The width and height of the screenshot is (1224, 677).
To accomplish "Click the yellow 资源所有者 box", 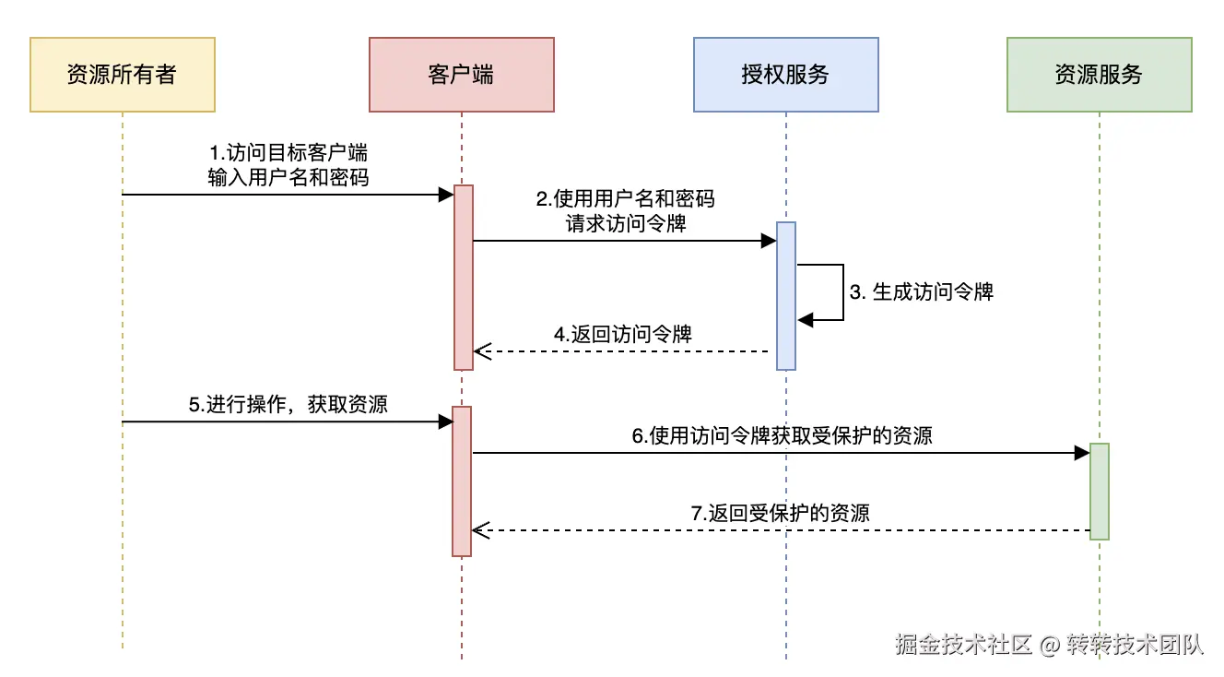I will pos(122,75).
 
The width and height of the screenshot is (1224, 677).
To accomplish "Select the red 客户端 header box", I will pos(461,75).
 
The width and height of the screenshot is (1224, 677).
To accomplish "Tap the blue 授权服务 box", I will pos(785,75).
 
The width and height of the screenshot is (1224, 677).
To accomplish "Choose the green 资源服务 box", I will pos(1099,75).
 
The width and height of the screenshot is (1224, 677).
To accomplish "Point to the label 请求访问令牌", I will pos(626,223).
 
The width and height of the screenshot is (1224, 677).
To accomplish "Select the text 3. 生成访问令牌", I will pos(921,292).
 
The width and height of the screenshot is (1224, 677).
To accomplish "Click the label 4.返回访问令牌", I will pos(623,335).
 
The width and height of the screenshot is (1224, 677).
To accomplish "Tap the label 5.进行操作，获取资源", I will pos(288,404).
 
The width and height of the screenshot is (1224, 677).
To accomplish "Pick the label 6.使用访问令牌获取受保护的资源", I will pos(782,435).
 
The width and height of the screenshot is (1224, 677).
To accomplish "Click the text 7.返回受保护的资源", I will pos(780,513).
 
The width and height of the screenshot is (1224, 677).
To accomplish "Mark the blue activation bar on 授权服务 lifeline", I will pos(785,295).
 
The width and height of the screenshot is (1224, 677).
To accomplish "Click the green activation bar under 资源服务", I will pos(1099,491).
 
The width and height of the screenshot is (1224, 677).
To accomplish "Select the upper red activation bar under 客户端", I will pos(463,277).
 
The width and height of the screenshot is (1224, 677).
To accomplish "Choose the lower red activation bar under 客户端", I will pos(462,481).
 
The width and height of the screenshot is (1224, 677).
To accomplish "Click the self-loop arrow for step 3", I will pos(842,292).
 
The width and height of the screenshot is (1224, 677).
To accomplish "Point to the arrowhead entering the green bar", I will pos(1082,453).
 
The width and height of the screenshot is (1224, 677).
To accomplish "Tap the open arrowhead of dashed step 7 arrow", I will pos(478,530).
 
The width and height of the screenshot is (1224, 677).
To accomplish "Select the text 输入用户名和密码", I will pos(288,177).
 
